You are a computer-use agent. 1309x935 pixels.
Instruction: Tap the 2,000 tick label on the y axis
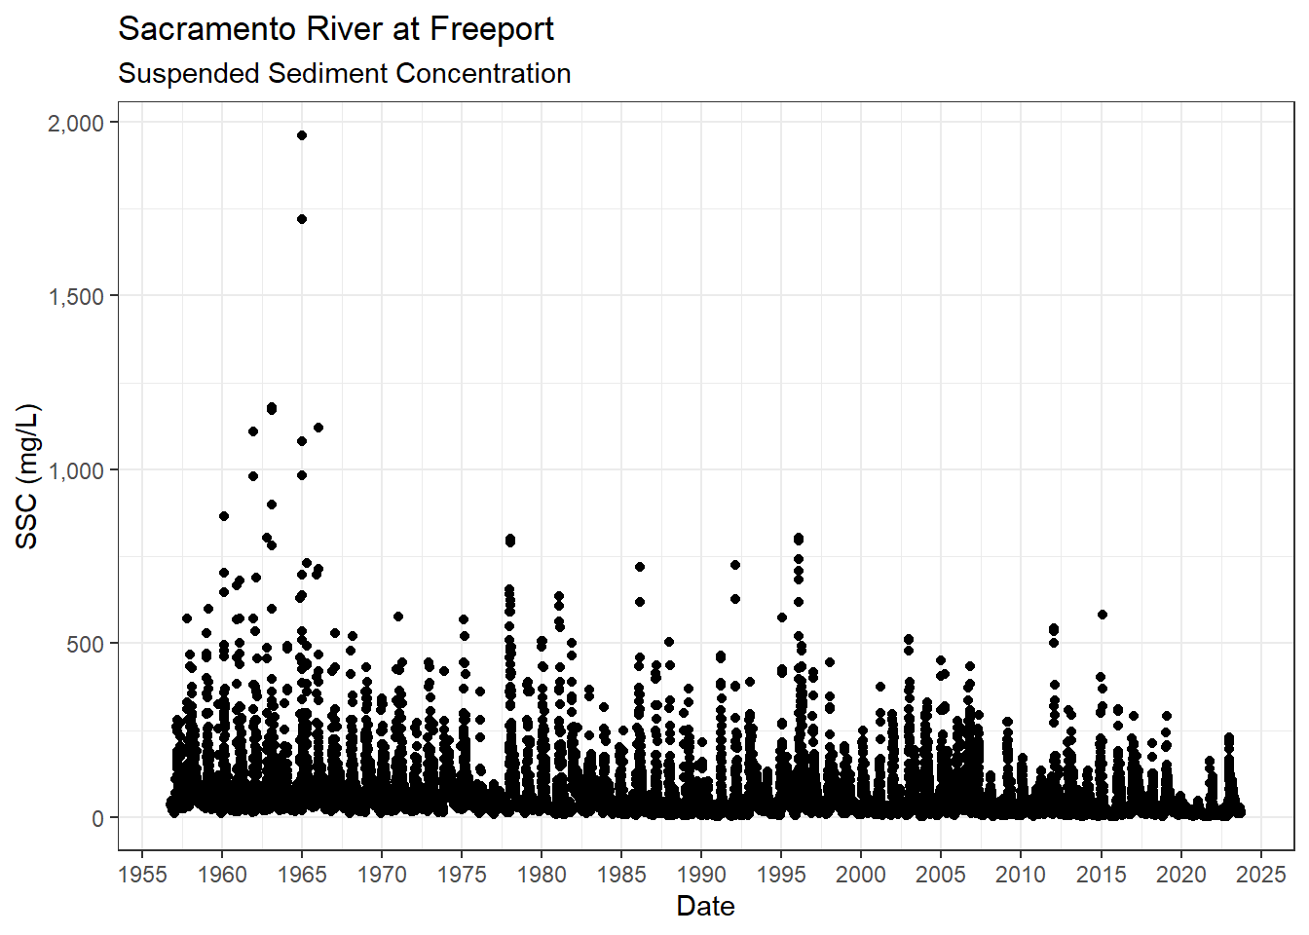tap(76, 123)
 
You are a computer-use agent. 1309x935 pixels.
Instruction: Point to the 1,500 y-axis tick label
tap(76, 296)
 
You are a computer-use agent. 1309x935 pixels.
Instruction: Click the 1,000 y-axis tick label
tap(76, 470)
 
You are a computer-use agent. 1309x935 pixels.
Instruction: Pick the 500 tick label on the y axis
tap(84, 644)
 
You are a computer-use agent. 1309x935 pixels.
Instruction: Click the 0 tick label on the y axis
tap(97, 818)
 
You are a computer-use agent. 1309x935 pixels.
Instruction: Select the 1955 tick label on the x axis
tap(142, 874)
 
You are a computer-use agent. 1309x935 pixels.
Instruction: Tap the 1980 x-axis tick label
tap(542, 874)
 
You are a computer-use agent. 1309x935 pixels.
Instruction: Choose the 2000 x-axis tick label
tap(861, 874)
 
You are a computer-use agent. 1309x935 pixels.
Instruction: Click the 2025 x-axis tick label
tap(1260, 874)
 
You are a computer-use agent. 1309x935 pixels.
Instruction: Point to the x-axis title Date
tap(705, 906)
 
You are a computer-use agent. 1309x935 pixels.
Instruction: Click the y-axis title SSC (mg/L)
tap(27, 476)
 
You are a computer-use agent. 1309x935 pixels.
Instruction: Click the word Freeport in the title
tap(491, 30)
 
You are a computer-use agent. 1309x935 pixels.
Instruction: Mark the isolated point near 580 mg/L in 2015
tap(1103, 615)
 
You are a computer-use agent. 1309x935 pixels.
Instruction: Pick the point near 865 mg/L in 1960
tap(224, 516)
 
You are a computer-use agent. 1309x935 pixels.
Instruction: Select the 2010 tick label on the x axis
tap(1021, 874)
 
